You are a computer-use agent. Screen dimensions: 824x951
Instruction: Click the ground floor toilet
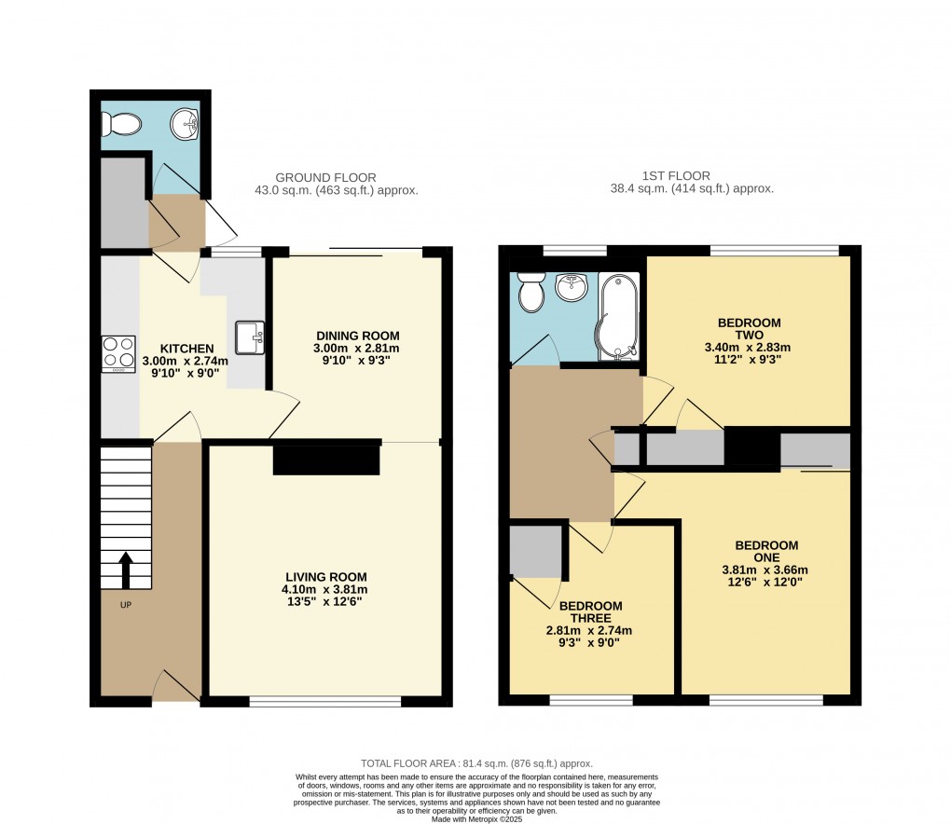click(x=121, y=123)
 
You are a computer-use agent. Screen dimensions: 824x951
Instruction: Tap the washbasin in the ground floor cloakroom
click(x=187, y=123)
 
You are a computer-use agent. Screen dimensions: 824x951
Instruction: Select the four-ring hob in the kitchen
click(x=118, y=353)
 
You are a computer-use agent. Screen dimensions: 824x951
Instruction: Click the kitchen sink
click(x=250, y=337)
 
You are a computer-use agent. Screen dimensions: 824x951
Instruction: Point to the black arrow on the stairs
click(x=126, y=570)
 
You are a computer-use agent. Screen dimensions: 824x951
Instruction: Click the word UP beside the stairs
click(x=125, y=605)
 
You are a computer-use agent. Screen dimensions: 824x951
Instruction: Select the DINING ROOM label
click(x=357, y=336)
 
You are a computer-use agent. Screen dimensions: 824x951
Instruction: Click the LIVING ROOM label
click(x=325, y=576)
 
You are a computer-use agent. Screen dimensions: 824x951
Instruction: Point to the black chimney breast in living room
click(x=326, y=460)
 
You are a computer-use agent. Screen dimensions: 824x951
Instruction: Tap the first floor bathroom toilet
click(x=532, y=292)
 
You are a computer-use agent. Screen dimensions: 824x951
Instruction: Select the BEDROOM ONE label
click(x=765, y=551)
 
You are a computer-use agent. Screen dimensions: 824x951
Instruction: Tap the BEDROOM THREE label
click(x=591, y=611)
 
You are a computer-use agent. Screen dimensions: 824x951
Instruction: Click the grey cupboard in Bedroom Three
click(x=535, y=550)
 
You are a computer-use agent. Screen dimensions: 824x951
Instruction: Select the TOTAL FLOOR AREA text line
click(x=476, y=763)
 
